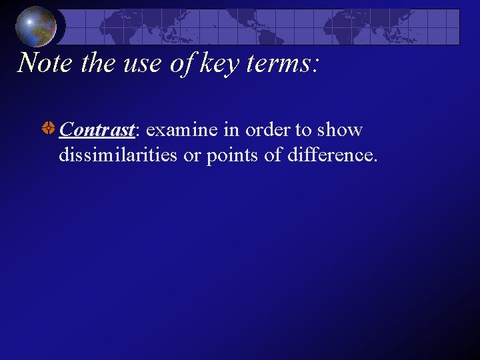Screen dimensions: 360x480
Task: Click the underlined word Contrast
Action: [97, 129]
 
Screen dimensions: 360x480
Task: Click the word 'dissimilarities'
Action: [118, 155]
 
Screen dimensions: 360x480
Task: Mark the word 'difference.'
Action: [332, 155]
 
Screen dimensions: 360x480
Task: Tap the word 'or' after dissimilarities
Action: [191, 155]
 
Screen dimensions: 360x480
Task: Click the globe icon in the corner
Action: [36, 26]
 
